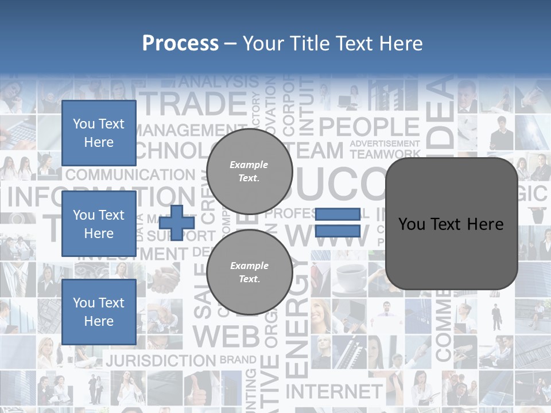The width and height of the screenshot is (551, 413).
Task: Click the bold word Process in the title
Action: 180,44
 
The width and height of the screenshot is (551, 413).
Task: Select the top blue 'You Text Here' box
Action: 99,133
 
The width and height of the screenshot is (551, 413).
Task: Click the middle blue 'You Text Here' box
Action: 99,224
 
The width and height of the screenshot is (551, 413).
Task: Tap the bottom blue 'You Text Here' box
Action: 99,311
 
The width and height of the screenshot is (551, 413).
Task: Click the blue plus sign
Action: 177,223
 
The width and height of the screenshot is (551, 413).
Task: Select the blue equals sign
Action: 337,223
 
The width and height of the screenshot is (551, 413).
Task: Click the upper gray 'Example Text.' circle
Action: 249,172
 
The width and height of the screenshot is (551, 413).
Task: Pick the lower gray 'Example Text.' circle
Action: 249,272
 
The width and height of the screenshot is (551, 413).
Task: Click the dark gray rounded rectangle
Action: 451,224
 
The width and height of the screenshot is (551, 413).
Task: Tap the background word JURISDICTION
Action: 161,361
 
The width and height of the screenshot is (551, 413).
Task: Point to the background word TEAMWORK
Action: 385,154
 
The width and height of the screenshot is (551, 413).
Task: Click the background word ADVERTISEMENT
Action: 385,143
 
